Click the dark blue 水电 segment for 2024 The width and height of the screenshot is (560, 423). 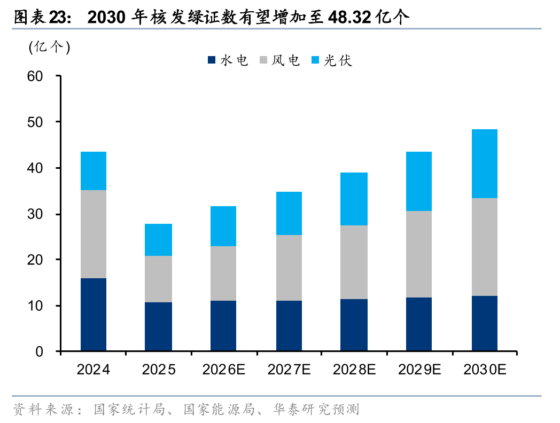point(93,315)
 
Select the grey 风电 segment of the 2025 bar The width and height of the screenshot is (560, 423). point(158,279)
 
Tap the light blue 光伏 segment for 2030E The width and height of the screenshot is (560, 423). point(484,163)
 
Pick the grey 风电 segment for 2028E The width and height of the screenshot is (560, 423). point(354,262)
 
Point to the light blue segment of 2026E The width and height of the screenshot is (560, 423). point(223,226)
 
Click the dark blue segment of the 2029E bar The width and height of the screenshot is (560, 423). point(419,324)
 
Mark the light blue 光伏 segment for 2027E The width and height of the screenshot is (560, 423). point(289,213)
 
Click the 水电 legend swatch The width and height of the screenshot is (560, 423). point(212,61)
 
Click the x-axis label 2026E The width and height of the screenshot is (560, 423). point(223,370)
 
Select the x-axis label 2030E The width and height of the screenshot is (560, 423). point(484,370)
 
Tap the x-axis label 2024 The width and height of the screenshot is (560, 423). point(93,370)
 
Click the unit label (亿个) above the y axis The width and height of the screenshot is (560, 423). point(49,47)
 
